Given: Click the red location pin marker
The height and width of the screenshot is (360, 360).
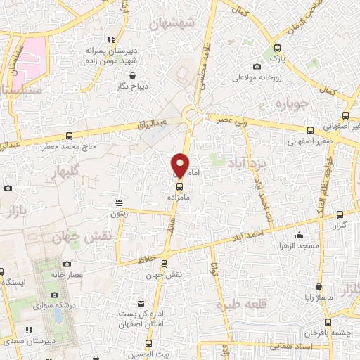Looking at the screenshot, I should (180, 165).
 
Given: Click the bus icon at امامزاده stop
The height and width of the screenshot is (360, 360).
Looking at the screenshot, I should (179, 186).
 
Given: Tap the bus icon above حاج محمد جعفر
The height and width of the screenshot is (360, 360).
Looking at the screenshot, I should (69, 136).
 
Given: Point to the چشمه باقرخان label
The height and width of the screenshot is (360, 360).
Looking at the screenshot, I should (335, 331).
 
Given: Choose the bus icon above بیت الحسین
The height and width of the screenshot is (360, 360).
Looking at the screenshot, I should (148, 344).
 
